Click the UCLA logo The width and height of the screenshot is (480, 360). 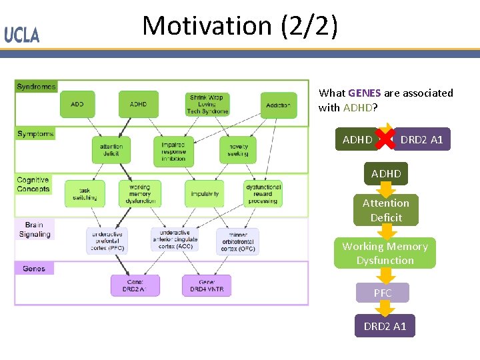[22, 35]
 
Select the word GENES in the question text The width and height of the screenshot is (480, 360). [364, 93]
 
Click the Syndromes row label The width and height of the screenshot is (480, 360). [36, 87]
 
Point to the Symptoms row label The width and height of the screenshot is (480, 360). [35, 134]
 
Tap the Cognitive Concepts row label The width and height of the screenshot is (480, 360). [33, 184]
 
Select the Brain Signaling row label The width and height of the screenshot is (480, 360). [34, 229]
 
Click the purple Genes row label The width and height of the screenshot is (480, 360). [34, 268]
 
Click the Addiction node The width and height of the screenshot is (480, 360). [278, 105]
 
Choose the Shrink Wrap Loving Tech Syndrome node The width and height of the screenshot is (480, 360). [209, 105]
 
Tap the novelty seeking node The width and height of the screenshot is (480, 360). [238, 150]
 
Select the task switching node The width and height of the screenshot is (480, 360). [85, 193]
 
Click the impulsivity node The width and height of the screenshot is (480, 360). [205, 194]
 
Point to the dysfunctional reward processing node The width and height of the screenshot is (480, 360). [263, 193]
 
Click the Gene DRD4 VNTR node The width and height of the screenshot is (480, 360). [207, 285]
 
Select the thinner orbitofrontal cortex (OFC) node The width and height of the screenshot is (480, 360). [237, 241]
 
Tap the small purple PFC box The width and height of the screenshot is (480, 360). [383, 293]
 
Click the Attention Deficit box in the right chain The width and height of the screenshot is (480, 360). [386, 210]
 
